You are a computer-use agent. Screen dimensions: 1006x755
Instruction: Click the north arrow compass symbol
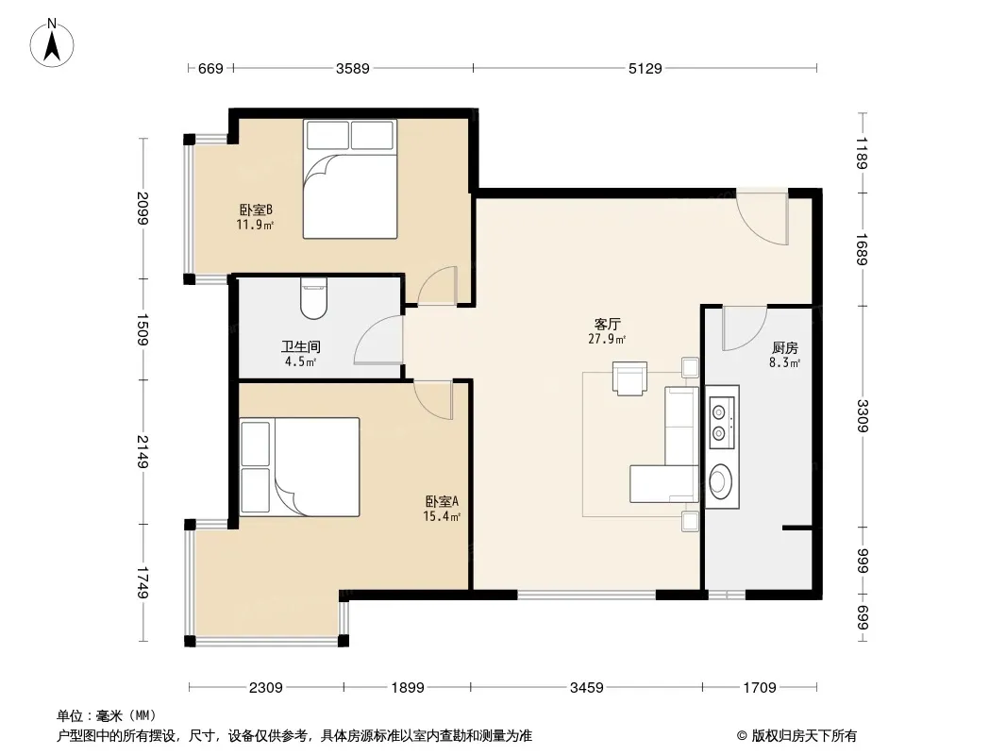point(52,43)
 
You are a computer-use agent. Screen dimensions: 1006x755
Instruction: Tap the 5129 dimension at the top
point(645,68)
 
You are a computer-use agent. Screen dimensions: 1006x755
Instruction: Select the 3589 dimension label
point(353,68)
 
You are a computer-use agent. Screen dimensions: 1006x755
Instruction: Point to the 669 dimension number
point(210,68)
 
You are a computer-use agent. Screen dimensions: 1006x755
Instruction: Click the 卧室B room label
point(256,210)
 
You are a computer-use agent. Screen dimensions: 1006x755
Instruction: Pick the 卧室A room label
point(442,502)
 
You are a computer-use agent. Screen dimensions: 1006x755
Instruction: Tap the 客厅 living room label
point(607,325)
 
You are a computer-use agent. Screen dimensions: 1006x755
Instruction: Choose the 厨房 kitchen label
point(784,347)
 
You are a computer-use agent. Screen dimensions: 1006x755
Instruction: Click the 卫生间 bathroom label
point(301,347)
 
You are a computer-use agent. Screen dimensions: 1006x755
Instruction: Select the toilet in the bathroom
point(313,298)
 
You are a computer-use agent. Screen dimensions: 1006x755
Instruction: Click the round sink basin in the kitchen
point(723,480)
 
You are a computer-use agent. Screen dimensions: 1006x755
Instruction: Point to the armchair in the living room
point(629,378)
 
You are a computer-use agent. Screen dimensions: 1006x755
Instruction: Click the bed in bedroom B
point(350,179)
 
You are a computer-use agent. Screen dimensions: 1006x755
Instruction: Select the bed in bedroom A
point(299,466)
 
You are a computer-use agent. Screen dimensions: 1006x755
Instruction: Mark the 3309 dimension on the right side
point(863,415)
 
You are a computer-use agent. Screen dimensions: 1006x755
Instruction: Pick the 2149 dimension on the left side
point(142,452)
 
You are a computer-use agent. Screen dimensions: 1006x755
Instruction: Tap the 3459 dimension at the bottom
point(586,688)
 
